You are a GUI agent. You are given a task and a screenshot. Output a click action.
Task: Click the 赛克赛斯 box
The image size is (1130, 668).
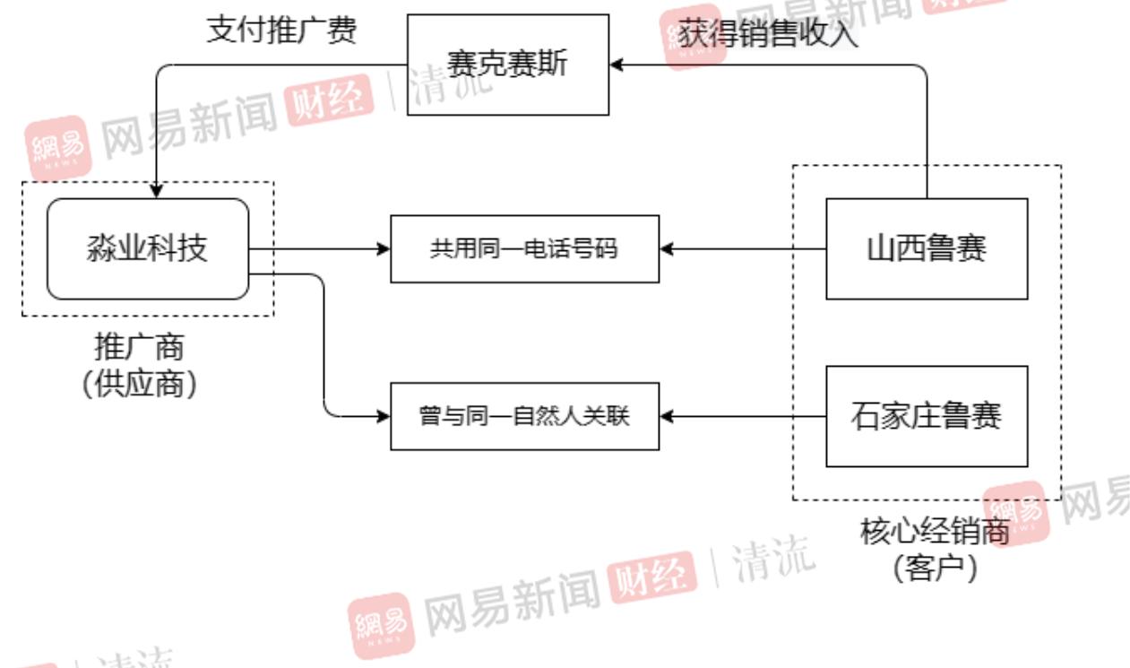(x=507, y=65)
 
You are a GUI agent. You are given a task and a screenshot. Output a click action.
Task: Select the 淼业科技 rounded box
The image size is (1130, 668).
(x=148, y=248)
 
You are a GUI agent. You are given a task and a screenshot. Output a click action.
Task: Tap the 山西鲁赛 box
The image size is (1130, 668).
(x=926, y=248)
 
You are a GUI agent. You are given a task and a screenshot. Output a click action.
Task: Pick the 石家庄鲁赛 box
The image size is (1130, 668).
(x=926, y=416)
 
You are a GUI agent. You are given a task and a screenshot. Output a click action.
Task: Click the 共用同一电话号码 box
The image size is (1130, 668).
(x=524, y=248)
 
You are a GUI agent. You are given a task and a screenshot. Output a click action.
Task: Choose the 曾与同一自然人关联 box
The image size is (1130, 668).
(x=524, y=416)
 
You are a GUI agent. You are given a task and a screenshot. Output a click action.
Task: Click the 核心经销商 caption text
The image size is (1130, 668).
(x=935, y=533)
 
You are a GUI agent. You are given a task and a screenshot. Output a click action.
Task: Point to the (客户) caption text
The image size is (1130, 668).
(x=935, y=568)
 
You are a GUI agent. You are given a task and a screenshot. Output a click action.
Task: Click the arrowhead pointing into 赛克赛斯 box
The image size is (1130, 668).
(x=616, y=65)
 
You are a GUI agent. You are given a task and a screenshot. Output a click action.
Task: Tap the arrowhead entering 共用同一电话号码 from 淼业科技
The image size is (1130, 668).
(x=384, y=248)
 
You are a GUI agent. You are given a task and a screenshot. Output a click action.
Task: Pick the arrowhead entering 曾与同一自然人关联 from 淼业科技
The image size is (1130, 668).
(x=384, y=416)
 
